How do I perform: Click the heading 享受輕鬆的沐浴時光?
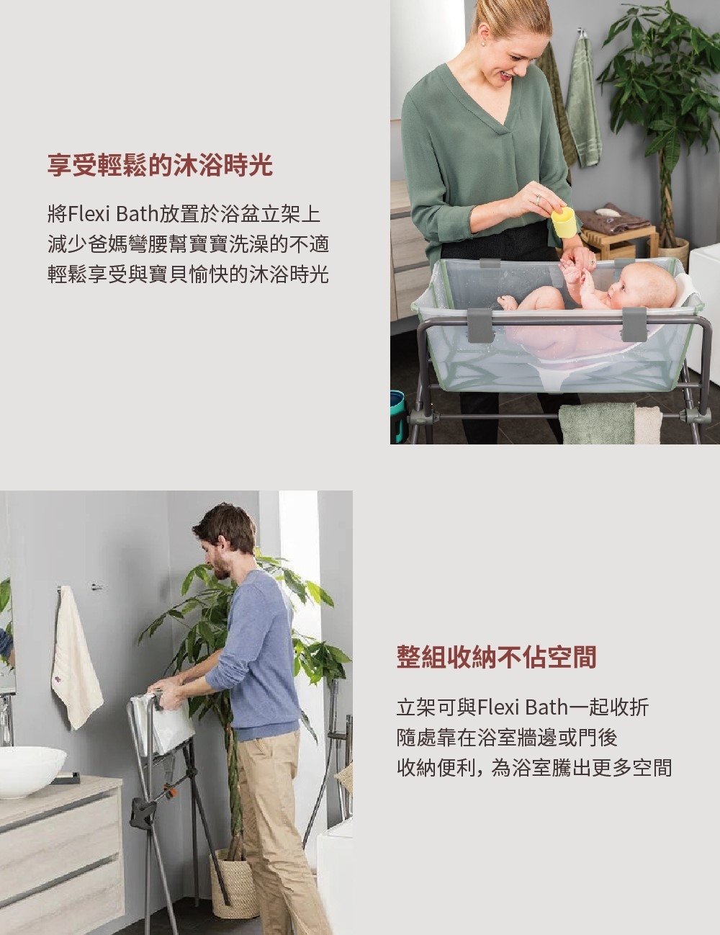[x=160, y=165]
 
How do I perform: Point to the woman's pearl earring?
[x=483, y=42]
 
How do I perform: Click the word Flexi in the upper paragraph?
[x=90, y=214]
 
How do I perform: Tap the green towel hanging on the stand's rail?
[x=598, y=424]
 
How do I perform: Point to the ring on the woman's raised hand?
[x=538, y=199]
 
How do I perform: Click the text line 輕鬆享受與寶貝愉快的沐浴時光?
[x=188, y=274]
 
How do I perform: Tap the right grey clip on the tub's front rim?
[x=634, y=324]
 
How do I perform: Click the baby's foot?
[x=508, y=303]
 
